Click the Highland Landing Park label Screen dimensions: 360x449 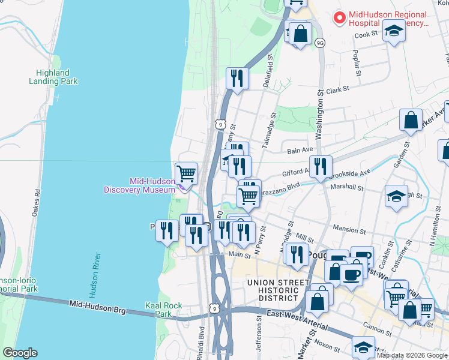pyautogui.click(x=53, y=77)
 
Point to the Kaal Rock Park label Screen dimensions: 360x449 pyautogui.click(x=163, y=310)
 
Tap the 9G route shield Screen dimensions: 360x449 pyautogui.click(x=320, y=43)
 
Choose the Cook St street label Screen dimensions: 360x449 pyautogui.click(x=365, y=35)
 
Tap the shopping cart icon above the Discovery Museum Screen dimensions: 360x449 pyautogui.click(x=187, y=173)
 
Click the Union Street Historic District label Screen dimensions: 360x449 pyautogui.click(x=273, y=290)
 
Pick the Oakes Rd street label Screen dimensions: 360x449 pyautogui.click(x=38, y=204)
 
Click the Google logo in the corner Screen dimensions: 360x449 pyautogui.click(x=20, y=352)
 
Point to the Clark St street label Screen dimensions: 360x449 pyautogui.click(x=337, y=90)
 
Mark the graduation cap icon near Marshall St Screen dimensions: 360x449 pyautogui.click(x=396, y=196)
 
